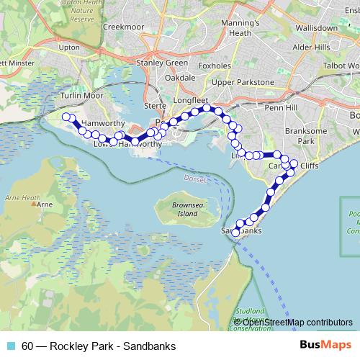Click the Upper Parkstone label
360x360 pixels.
tap(242, 82)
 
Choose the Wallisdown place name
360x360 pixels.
tap(315, 27)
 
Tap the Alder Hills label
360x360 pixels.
tap(310, 47)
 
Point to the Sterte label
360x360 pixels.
tap(156, 105)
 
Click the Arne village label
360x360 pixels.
tap(45, 205)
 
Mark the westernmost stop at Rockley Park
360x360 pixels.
tap(66, 117)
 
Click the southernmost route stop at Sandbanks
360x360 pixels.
tap(235, 233)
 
